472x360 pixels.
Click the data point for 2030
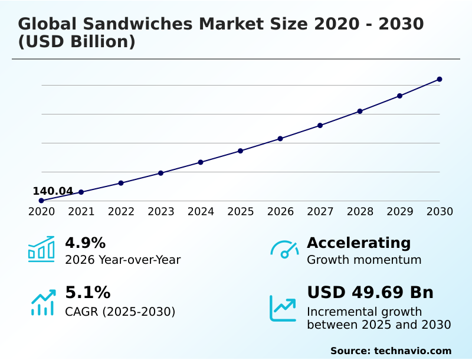(440, 79)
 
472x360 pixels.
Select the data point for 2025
(240, 150)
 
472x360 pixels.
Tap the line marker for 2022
(121, 183)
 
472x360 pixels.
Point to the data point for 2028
(360, 111)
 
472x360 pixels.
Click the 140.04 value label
(53, 191)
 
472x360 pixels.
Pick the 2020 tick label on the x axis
(41, 212)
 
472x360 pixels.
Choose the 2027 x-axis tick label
(320, 212)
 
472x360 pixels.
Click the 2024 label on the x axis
(201, 212)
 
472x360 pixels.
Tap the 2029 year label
(399, 212)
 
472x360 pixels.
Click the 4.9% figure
(85, 243)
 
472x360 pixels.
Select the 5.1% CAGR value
(87, 293)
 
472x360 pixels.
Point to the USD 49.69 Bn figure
(370, 293)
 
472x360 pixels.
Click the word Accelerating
(359, 243)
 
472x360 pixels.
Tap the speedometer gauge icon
(284, 250)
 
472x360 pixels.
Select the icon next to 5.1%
(42, 302)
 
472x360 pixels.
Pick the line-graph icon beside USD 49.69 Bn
(283, 308)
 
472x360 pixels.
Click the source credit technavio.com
(391, 351)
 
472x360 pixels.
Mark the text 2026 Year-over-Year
(123, 260)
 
